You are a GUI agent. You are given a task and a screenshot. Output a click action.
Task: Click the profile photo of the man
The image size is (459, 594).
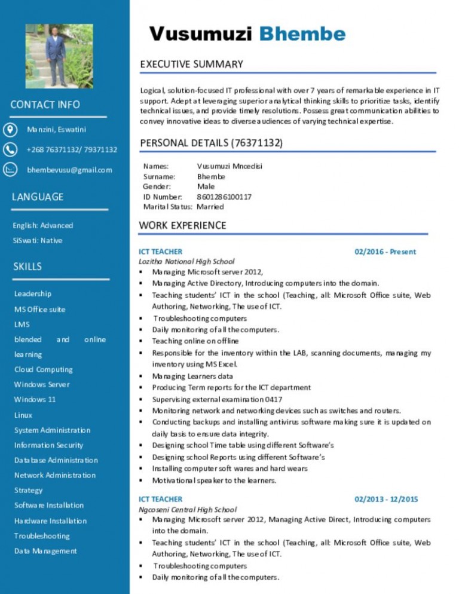[x=59, y=56]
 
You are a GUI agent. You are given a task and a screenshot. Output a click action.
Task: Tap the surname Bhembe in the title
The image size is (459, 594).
[x=302, y=33]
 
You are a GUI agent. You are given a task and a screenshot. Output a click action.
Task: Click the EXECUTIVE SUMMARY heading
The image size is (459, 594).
[x=191, y=64]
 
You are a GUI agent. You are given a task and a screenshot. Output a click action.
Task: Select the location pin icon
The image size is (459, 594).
[x=11, y=129]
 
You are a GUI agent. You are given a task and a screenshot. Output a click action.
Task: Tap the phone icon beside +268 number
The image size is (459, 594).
[x=11, y=149]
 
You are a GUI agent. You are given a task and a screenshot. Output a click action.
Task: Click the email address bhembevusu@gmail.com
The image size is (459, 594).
[x=69, y=170]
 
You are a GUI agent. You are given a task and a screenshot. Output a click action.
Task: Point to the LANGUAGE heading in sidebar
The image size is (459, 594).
[x=38, y=197]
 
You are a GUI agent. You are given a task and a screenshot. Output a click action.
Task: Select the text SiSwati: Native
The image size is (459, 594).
[x=38, y=241]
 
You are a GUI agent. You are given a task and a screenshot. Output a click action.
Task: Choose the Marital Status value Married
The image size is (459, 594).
[x=210, y=207]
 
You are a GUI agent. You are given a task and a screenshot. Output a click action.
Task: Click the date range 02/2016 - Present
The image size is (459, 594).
[x=385, y=252]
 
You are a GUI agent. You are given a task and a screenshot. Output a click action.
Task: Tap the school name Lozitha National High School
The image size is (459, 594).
[x=186, y=261]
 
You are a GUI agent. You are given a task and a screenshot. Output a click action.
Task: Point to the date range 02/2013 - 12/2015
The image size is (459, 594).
[x=386, y=499]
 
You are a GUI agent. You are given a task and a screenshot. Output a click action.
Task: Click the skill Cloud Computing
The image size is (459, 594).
[x=44, y=369]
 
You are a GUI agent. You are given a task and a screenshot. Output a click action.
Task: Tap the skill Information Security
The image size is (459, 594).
[x=49, y=445]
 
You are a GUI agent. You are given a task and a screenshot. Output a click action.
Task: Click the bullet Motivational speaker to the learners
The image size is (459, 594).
[x=214, y=480]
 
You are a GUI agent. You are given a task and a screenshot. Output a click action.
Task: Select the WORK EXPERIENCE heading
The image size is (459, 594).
[x=182, y=225]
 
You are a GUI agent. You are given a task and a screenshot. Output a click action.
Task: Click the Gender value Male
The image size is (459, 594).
[x=206, y=186]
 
